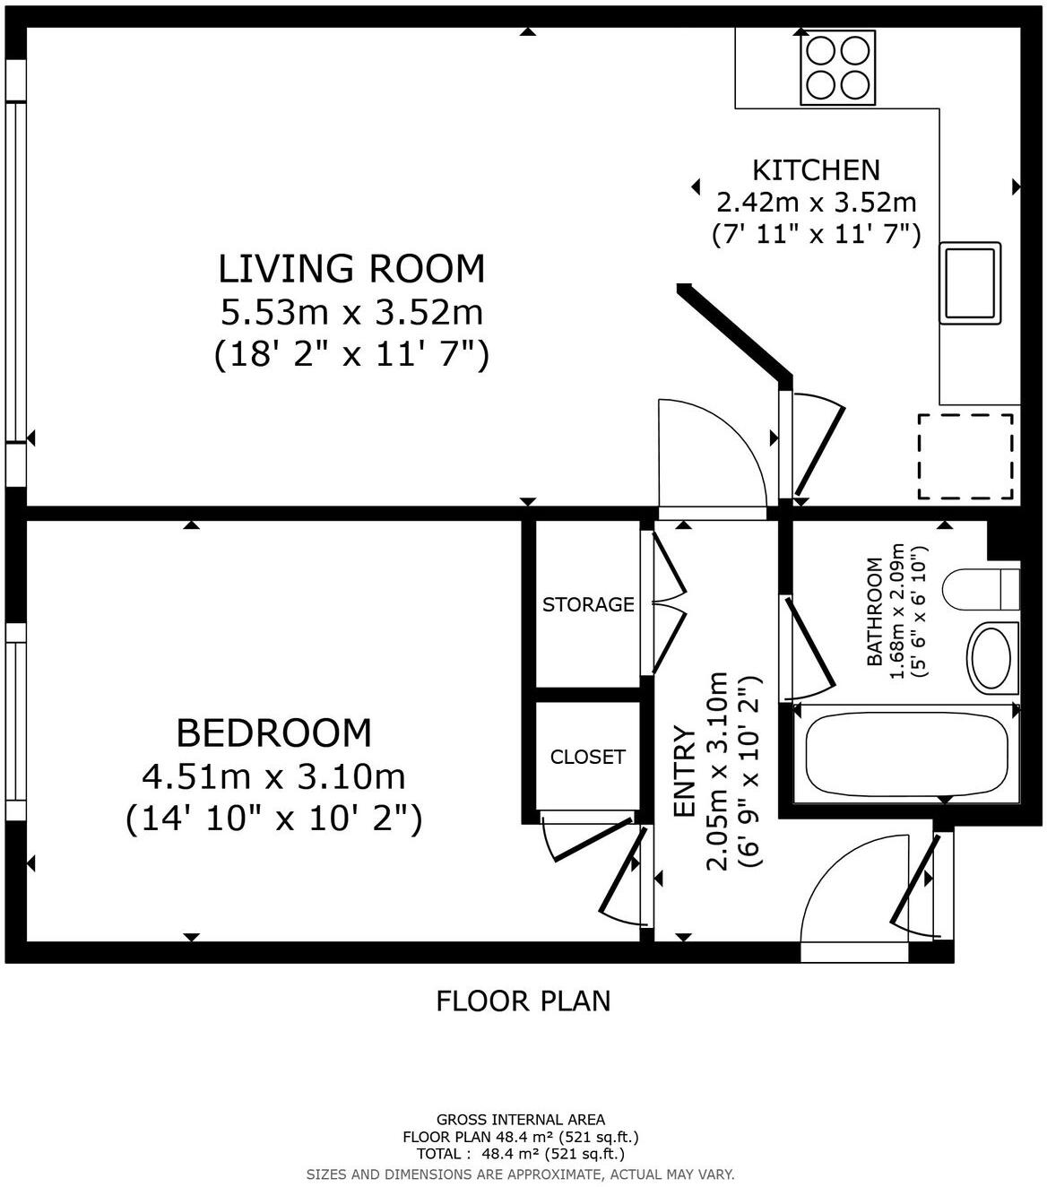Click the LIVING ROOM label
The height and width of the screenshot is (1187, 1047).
click(351, 269)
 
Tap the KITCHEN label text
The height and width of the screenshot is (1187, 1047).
click(816, 170)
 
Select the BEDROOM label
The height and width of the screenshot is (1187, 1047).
click(274, 733)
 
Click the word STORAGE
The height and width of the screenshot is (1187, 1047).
click(588, 604)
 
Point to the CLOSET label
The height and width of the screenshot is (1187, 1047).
click(588, 757)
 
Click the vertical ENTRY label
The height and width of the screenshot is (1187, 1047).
click(684, 771)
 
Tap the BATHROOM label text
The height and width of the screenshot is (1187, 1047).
click(874, 612)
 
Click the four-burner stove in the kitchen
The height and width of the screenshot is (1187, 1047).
click(838, 67)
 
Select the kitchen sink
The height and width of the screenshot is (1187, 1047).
click(970, 283)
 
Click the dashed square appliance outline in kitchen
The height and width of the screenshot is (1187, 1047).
click(965, 457)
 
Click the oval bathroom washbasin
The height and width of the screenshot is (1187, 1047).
click(991, 659)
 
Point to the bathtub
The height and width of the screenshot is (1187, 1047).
click(907, 753)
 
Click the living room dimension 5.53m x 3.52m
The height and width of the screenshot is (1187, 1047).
click(351, 312)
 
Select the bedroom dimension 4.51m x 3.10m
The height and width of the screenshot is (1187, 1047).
click(274, 777)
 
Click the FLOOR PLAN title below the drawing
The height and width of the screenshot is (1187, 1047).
click(523, 1001)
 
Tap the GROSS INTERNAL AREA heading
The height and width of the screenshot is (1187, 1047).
click(521, 1120)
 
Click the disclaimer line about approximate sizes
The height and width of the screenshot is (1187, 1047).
click(520, 1174)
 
